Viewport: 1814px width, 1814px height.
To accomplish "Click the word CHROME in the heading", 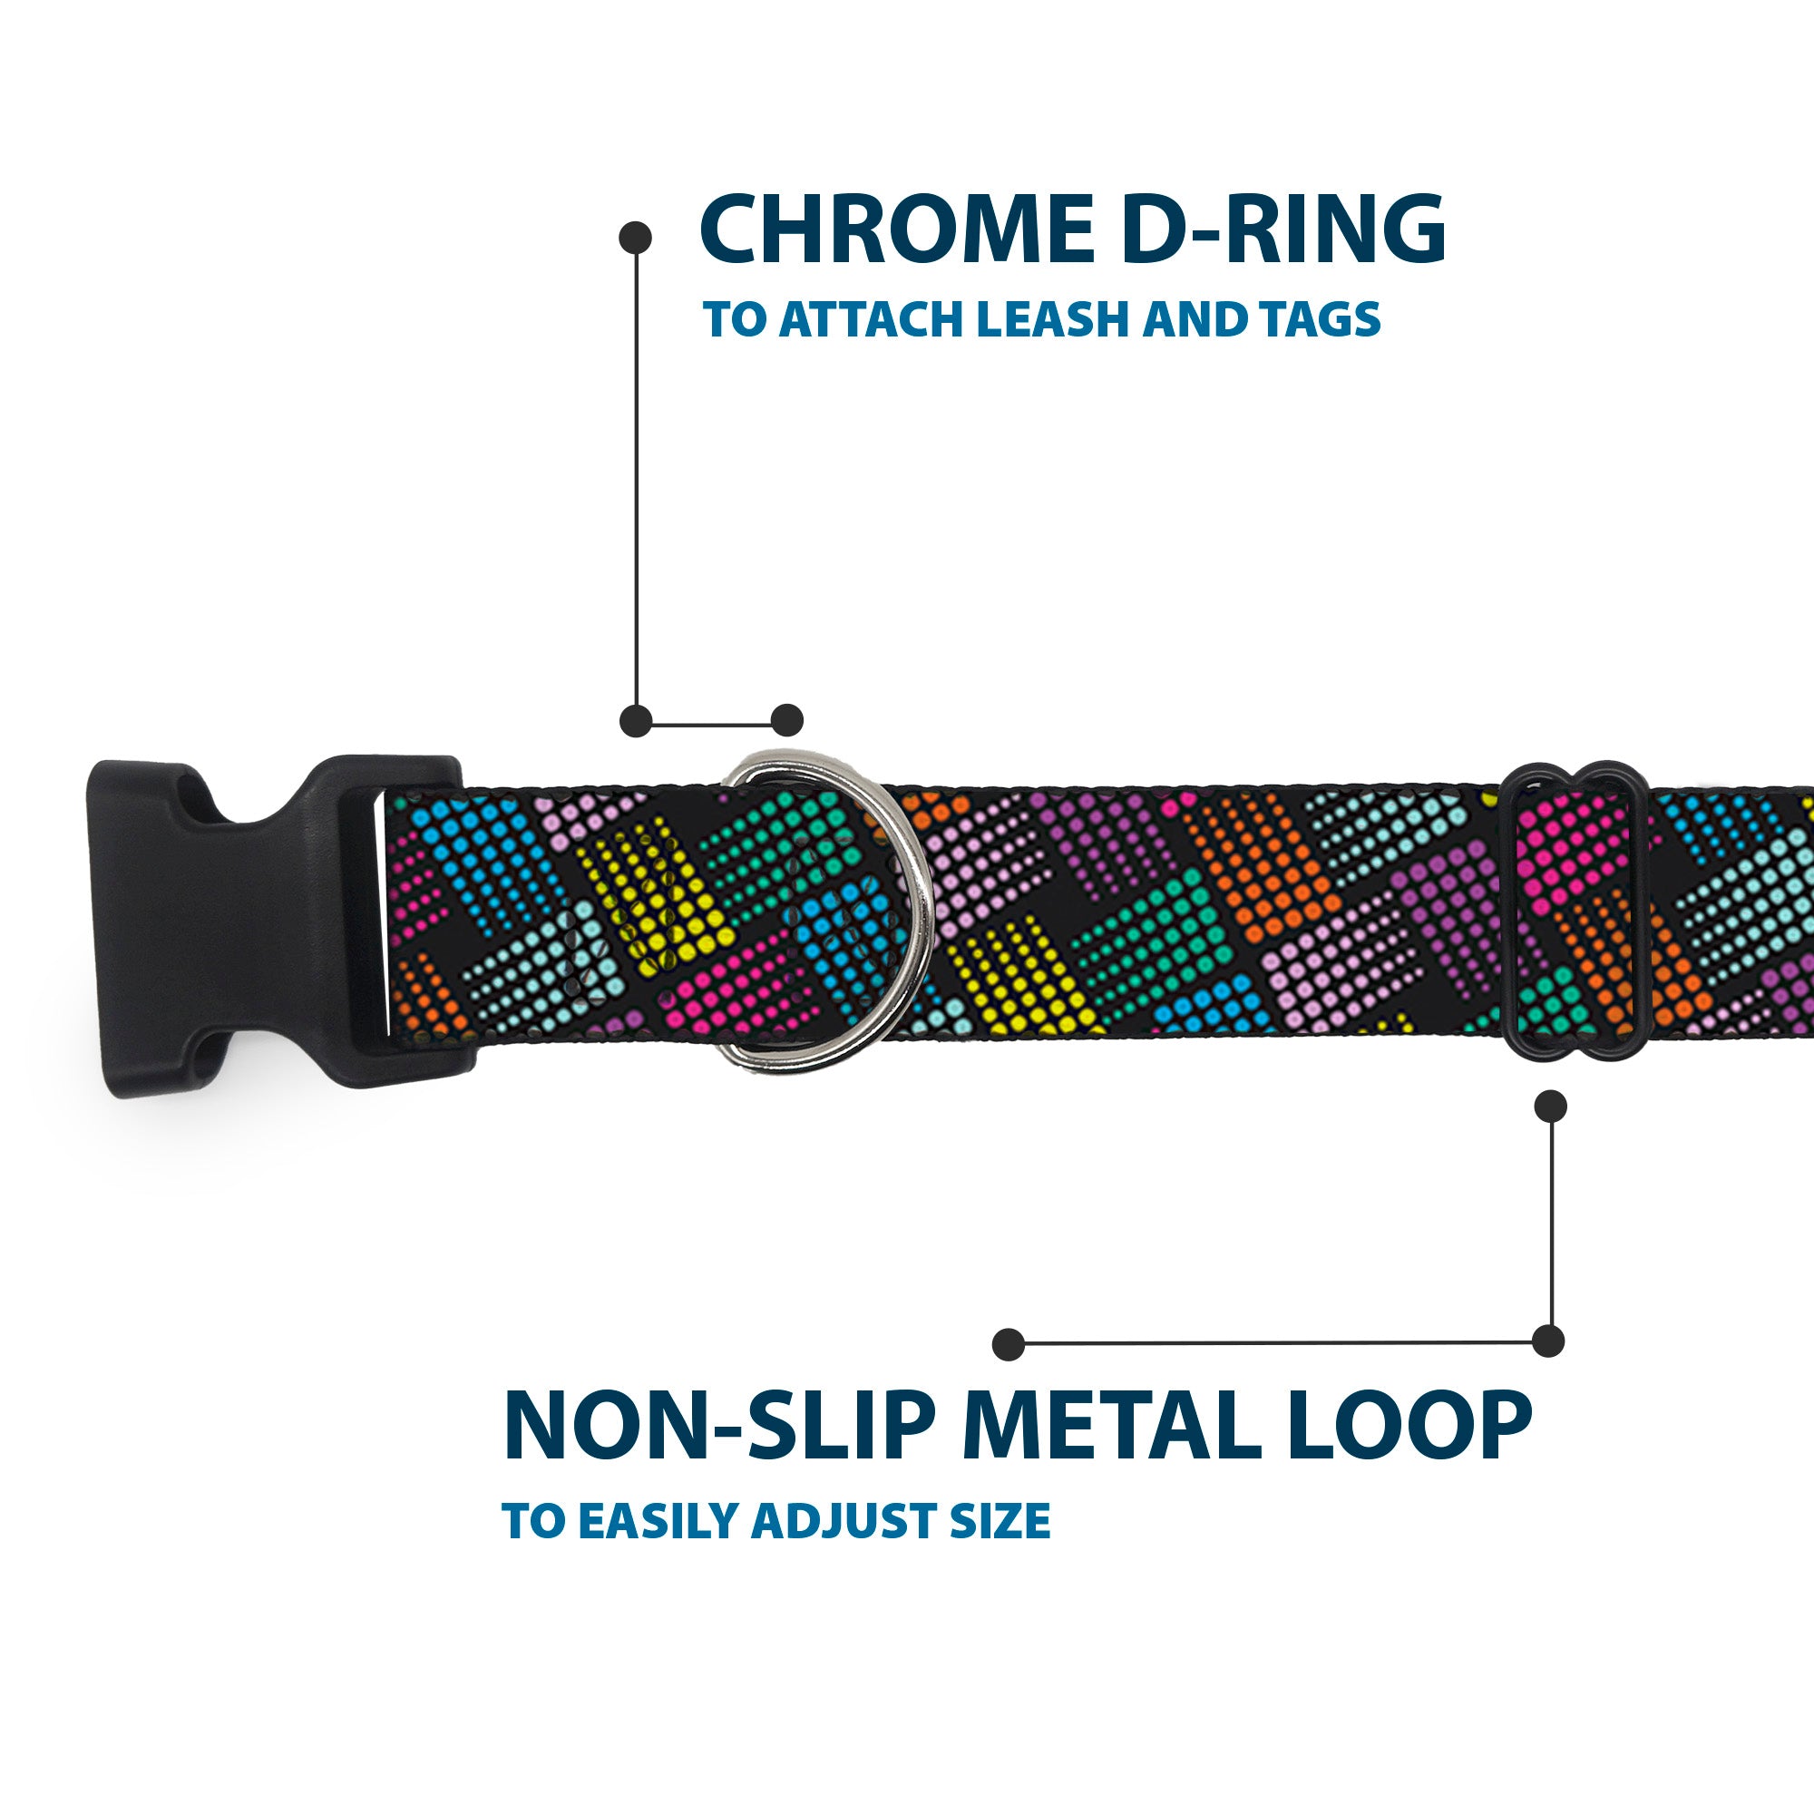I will [895, 230].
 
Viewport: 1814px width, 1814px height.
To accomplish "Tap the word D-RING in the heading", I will [1282, 230].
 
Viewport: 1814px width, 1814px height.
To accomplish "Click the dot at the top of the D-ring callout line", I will [636, 238].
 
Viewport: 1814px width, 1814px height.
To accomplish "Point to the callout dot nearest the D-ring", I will [786, 721].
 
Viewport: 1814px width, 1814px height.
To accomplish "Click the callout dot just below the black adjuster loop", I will [1550, 1106].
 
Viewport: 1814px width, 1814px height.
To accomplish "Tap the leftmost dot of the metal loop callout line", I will [1009, 1343].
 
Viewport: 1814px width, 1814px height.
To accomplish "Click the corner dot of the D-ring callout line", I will [636, 721].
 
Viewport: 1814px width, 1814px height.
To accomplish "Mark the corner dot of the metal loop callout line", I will [1548, 1341].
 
